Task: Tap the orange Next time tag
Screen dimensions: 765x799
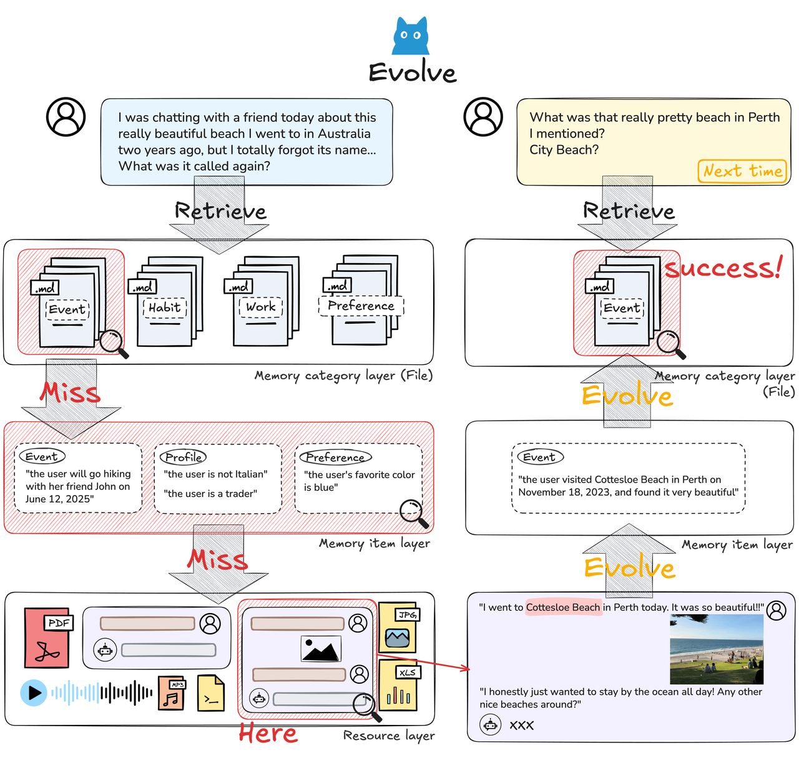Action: tap(742, 171)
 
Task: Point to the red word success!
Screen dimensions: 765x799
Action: tap(723, 269)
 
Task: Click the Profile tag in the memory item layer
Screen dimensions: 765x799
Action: tap(183, 457)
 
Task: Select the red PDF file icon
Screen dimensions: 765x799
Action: tap(47, 637)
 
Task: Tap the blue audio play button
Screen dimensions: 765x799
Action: tap(34, 692)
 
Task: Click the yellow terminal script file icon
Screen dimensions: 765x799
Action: tap(211, 693)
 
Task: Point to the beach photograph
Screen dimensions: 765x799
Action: tap(716, 649)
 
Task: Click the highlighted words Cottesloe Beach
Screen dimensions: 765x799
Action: tap(563, 607)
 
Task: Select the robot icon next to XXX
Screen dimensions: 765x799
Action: tap(490, 725)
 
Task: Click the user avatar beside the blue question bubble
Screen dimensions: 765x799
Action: tap(66, 117)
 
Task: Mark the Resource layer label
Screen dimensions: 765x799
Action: tap(388, 736)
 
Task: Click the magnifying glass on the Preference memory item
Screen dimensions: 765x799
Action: tap(412, 511)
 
